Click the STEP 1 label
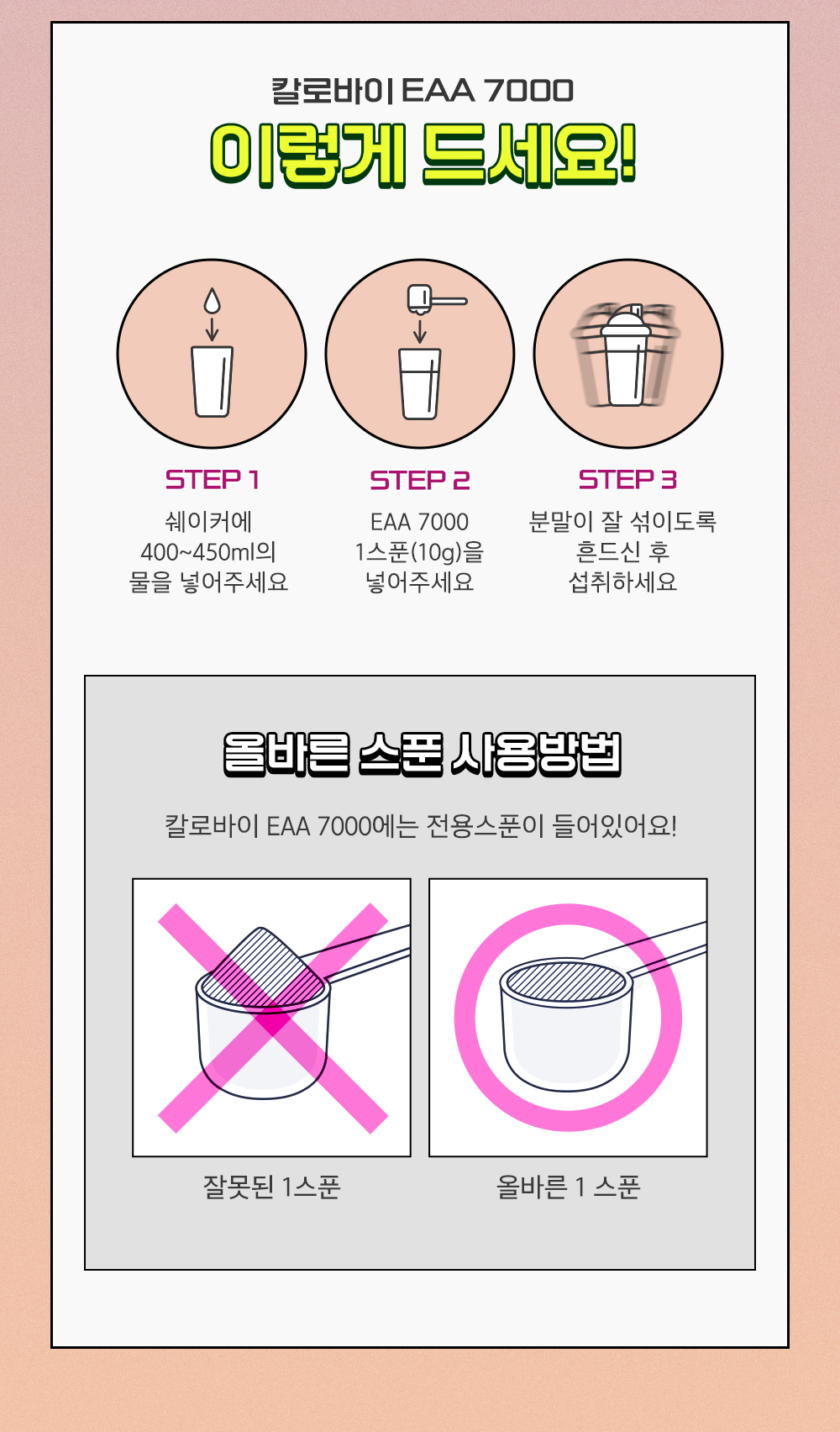pos(212,480)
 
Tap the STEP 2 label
pos(420,480)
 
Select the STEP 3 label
pos(627,480)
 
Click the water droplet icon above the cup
pos(212,301)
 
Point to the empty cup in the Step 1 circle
pos(212,382)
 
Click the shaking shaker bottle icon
pos(627,355)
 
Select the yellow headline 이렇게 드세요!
pos(423,155)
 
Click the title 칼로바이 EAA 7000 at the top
pos(423,91)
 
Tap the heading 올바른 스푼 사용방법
pos(422,755)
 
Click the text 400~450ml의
pos(208,551)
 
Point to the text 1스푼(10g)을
pos(420,551)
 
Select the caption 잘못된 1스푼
pos(271,1187)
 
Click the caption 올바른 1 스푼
pos(568,1187)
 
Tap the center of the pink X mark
pos(273,1018)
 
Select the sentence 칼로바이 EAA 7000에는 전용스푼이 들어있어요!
pos(420,826)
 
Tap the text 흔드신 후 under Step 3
pos(622,551)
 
